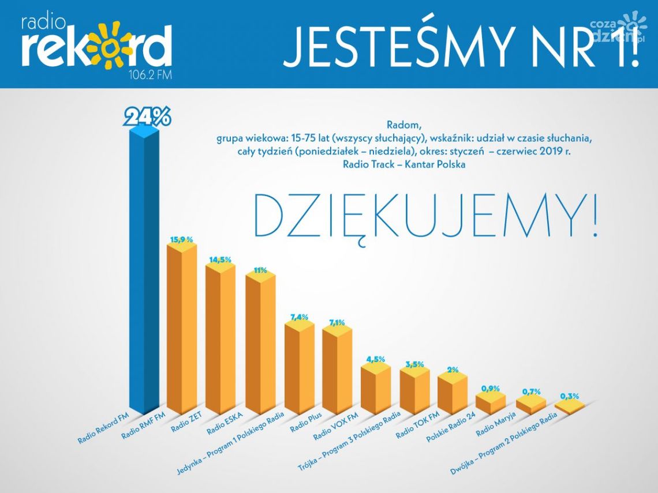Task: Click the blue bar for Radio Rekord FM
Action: tap(143, 271)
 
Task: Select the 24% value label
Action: tap(148, 117)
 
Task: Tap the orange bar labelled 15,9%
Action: tap(182, 329)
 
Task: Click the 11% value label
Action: tap(260, 270)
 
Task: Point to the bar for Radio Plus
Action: tap(299, 369)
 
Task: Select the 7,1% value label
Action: tap(337, 322)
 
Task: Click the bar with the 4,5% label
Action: tap(376, 389)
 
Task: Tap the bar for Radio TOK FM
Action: tap(414, 392)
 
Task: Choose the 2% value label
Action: tap(453, 370)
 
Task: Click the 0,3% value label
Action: tap(570, 396)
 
